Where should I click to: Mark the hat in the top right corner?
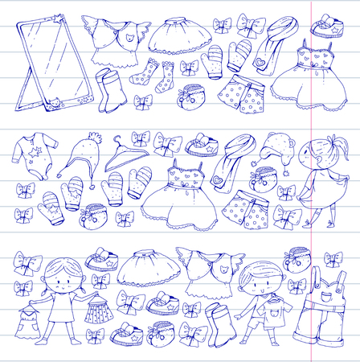tap(325, 23)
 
